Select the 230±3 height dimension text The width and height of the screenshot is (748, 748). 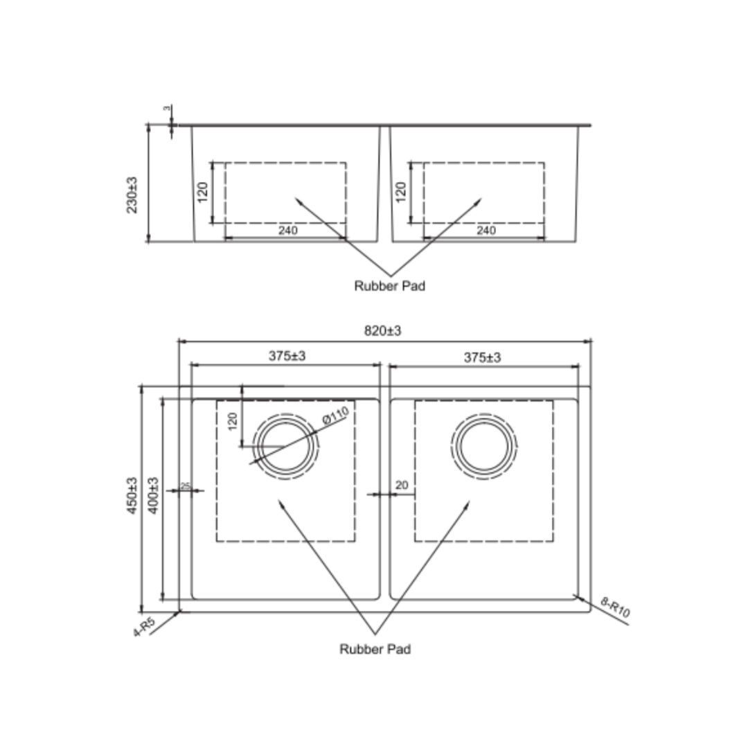(x=132, y=195)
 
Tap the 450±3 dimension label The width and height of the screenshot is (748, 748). (x=132, y=496)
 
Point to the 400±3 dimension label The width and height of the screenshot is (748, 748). (x=153, y=496)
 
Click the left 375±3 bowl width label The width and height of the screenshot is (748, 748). (x=287, y=357)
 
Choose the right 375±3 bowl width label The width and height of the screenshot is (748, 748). (x=482, y=357)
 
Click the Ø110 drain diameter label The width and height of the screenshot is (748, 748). (x=335, y=417)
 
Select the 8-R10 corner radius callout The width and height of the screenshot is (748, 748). (x=616, y=609)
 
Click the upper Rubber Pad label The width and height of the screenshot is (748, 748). (x=389, y=285)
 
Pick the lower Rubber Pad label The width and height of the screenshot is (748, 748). (x=375, y=649)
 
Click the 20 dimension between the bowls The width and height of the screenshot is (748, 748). (x=402, y=486)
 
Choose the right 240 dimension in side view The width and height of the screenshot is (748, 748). (x=486, y=231)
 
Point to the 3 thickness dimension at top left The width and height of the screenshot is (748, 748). (x=166, y=109)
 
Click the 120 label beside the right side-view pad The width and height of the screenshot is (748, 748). (x=400, y=193)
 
